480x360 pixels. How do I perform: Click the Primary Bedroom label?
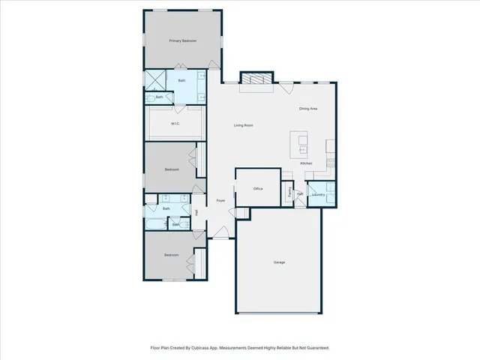pyautogui.click(x=182, y=40)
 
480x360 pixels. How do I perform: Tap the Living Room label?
pyautogui.click(x=243, y=125)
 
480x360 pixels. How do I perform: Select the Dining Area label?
pyautogui.click(x=308, y=109)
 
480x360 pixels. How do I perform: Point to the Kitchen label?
pyautogui.click(x=306, y=163)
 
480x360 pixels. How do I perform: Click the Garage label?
pyautogui.click(x=279, y=262)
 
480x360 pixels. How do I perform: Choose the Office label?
pyautogui.click(x=257, y=189)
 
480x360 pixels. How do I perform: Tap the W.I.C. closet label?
pyautogui.click(x=175, y=124)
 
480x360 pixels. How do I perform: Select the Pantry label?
pyautogui.click(x=289, y=191)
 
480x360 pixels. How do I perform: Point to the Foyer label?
pyautogui.click(x=220, y=201)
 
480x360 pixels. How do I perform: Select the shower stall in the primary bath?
pyautogui.click(x=156, y=79)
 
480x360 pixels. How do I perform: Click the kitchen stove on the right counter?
pyautogui.click(x=331, y=157)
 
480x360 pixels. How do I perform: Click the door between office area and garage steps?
pyautogui.click(x=242, y=214)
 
